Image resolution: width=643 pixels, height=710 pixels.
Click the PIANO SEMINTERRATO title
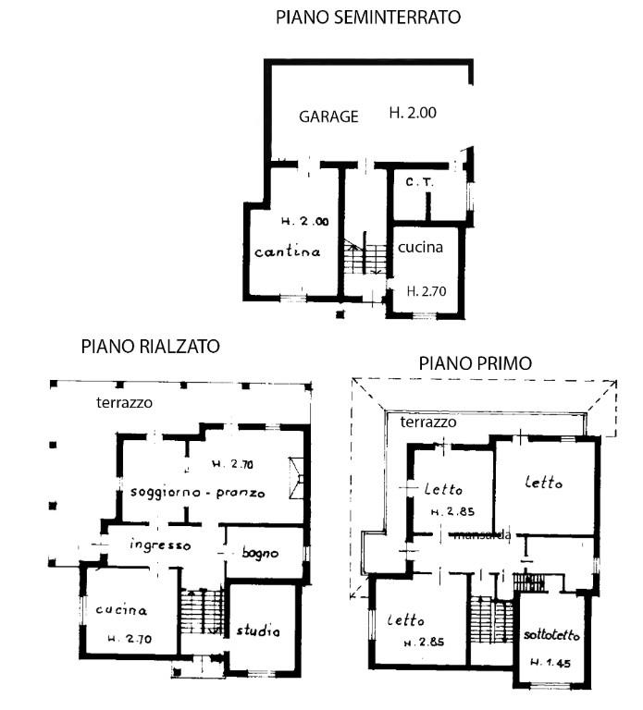(x=367, y=17)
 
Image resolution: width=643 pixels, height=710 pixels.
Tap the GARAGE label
(x=328, y=116)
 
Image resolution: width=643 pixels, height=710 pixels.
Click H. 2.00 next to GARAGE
(x=412, y=114)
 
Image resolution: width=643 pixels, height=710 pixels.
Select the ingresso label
(x=160, y=545)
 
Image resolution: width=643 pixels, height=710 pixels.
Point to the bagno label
(x=260, y=553)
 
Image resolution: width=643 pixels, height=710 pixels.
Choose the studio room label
(x=258, y=631)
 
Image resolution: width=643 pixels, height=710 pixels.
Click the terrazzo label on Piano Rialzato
(x=124, y=403)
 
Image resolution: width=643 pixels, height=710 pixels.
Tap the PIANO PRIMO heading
(x=475, y=363)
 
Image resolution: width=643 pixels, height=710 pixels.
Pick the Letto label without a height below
(x=543, y=482)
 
